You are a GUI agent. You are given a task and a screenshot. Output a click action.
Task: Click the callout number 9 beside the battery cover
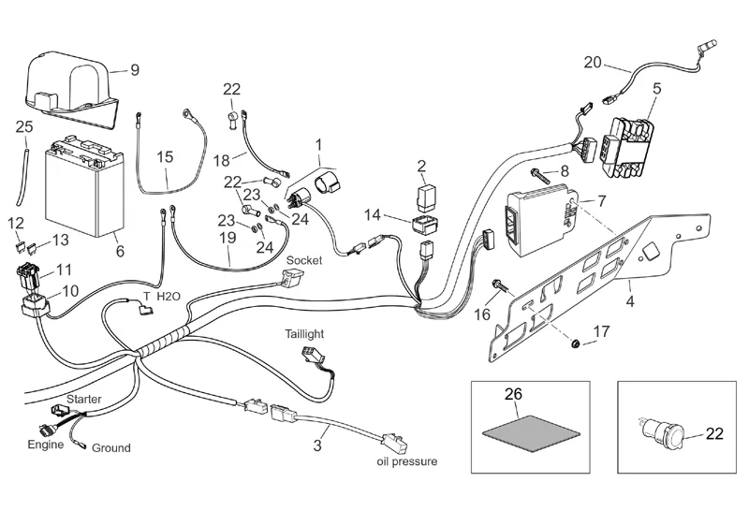click(x=134, y=69)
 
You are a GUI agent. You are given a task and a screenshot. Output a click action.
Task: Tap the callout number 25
click(x=23, y=126)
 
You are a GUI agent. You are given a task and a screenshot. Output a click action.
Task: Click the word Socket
click(x=303, y=259)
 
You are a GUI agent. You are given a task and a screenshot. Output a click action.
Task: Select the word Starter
click(x=83, y=400)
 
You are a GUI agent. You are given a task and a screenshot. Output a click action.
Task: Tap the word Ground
click(x=110, y=448)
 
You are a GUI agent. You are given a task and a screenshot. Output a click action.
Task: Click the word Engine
click(x=45, y=444)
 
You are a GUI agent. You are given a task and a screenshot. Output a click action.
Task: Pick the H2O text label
click(x=169, y=296)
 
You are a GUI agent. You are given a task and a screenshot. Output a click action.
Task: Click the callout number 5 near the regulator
click(x=656, y=90)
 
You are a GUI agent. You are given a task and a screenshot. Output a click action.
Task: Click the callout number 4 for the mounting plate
click(x=630, y=301)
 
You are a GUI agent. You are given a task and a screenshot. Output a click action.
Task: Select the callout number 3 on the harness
click(x=317, y=445)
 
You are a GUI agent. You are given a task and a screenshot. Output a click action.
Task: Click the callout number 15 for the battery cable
click(x=165, y=156)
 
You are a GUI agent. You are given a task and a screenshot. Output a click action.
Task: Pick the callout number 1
click(x=318, y=145)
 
